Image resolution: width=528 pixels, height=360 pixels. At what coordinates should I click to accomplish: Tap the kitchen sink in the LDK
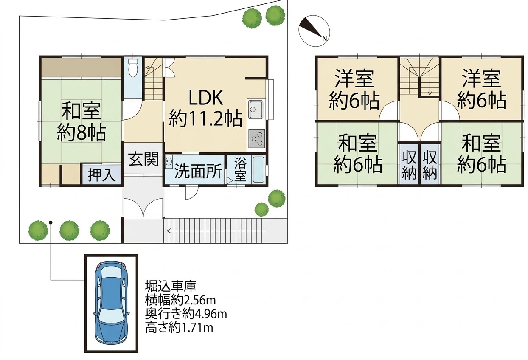click(256, 110)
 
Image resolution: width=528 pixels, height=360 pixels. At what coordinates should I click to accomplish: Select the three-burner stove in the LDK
click(256, 139)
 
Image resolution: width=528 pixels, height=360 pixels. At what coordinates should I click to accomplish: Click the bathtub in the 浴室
click(258, 169)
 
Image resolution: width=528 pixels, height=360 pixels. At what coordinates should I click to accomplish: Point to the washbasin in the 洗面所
click(169, 161)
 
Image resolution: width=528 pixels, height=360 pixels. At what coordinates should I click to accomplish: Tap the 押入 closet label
click(102, 175)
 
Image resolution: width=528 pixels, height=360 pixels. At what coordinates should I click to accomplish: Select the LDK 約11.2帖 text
click(206, 109)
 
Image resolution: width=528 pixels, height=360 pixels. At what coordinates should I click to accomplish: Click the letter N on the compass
click(324, 39)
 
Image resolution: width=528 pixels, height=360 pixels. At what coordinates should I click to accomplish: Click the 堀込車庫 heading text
click(171, 286)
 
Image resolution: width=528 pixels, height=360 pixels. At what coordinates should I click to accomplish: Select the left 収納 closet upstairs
click(409, 165)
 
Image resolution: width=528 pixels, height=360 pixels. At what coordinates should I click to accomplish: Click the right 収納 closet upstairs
click(430, 165)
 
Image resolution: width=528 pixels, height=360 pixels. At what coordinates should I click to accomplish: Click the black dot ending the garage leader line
click(51, 222)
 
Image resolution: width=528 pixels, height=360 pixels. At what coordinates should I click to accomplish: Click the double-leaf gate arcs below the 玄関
click(143, 208)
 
